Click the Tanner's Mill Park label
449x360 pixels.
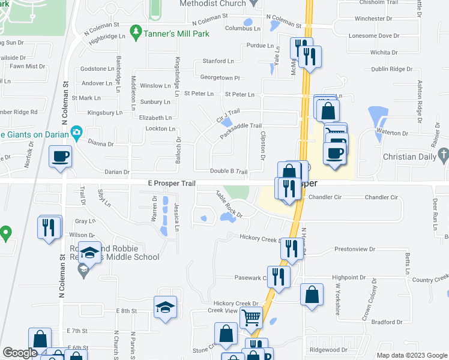pos(176,34)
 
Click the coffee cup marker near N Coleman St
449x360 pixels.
pos(60,157)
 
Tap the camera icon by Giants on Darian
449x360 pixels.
pos(76,132)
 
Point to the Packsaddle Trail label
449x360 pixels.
pos(241,130)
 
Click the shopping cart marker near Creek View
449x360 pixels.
pos(251,319)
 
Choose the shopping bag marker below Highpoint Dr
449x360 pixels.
pos(312,295)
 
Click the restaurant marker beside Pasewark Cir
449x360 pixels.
pos(279,276)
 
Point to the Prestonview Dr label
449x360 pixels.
pos(354,248)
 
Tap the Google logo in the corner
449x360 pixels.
pos(20,353)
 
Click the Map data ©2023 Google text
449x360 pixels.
pos(411,355)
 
